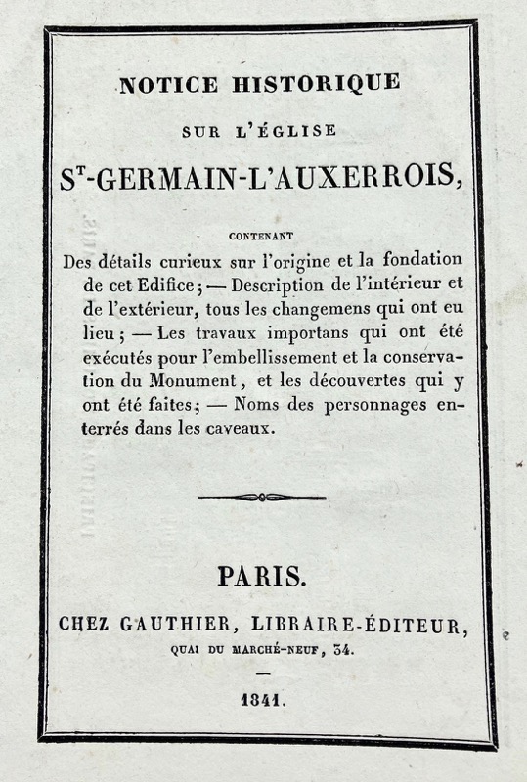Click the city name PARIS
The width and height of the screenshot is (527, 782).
[262, 578]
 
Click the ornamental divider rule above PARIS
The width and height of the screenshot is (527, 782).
[262, 497]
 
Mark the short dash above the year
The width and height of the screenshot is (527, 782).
[262, 674]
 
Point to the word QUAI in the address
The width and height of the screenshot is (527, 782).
[184, 648]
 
